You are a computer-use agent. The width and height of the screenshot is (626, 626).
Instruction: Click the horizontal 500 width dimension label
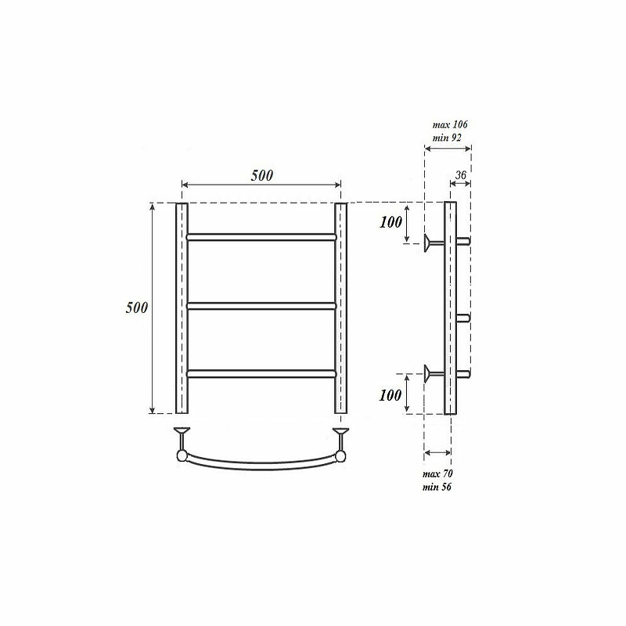tap(262, 175)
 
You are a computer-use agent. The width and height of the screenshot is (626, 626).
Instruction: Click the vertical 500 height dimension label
tap(137, 308)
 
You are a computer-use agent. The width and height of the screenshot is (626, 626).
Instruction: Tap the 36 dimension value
tap(461, 174)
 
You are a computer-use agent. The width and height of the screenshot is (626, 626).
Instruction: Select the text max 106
tap(450, 124)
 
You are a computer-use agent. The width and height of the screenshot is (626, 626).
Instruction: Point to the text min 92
tap(447, 138)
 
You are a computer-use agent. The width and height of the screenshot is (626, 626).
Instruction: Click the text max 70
tap(437, 474)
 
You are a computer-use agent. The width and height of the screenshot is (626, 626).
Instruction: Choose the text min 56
tap(437, 487)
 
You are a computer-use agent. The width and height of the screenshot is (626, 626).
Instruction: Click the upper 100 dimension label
tap(390, 222)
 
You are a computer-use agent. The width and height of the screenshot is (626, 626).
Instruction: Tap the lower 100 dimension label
tap(390, 395)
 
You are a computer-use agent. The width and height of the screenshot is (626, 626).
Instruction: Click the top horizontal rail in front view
tap(261, 237)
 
